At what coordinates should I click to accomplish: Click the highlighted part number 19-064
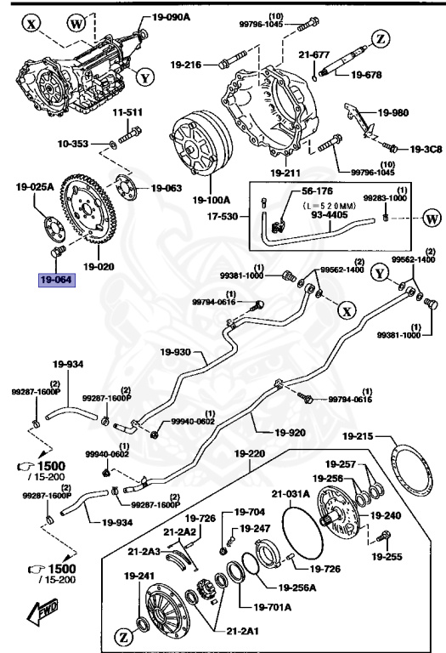click(54, 279)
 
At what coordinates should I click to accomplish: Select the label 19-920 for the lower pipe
click(289, 432)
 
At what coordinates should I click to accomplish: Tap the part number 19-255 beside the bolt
click(387, 558)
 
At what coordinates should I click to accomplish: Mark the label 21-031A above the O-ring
click(291, 493)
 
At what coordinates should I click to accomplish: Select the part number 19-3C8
click(419, 149)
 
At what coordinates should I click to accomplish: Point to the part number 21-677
click(314, 54)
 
